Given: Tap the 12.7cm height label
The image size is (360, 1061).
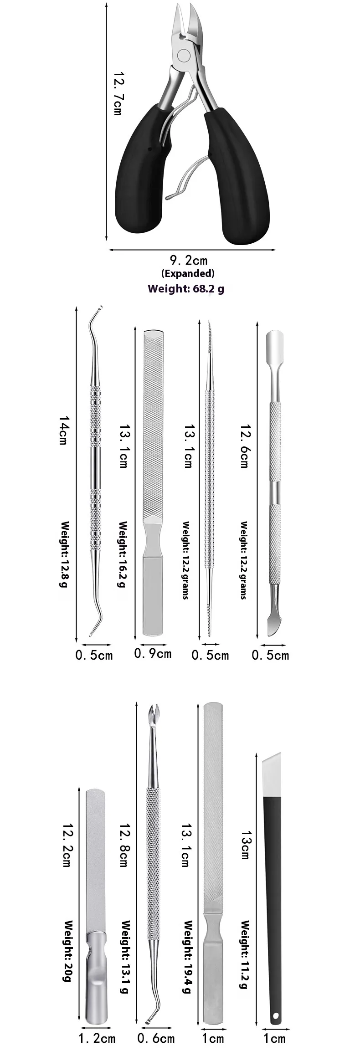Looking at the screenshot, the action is click(118, 93).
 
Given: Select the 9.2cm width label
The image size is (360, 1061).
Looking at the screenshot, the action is click(189, 260).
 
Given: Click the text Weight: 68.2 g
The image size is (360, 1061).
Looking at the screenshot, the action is click(186, 288).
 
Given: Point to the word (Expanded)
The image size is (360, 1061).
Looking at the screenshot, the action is click(188, 273).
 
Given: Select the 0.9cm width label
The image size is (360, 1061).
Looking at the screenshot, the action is click(153, 653).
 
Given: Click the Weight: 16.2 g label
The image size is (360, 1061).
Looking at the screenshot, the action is click(121, 554).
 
